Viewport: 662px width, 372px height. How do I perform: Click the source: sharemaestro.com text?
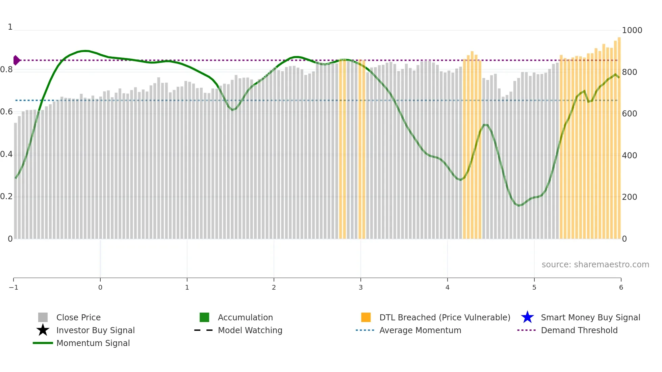[x=595, y=265]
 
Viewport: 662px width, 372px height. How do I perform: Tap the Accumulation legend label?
[x=245, y=318]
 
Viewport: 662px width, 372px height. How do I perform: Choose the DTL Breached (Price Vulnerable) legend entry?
[x=444, y=318]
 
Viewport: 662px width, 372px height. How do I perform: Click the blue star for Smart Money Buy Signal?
[x=527, y=318]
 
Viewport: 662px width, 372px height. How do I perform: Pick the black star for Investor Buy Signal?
[x=43, y=330]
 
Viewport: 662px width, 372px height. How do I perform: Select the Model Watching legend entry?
[x=250, y=330]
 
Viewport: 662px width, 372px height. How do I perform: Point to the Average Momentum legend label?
[x=420, y=330]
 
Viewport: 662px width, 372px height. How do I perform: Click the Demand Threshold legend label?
[x=579, y=330]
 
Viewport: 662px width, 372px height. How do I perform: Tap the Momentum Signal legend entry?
[x=93, y=343]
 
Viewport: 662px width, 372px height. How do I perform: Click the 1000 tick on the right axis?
[x=632, y=30]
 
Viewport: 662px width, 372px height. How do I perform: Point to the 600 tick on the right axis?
[x=630, y=114]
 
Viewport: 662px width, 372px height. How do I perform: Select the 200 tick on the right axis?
[x=630, y=197]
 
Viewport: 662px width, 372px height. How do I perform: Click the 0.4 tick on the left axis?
[x=6, y=155]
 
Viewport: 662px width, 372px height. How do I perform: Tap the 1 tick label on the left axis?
[x=10, y=27]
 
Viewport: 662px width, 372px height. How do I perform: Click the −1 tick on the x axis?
[x=14, y=288]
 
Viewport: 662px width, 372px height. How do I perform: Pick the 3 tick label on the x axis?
[x=361, y=288]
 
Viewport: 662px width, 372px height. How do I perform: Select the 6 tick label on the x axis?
[x=621, y=288]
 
